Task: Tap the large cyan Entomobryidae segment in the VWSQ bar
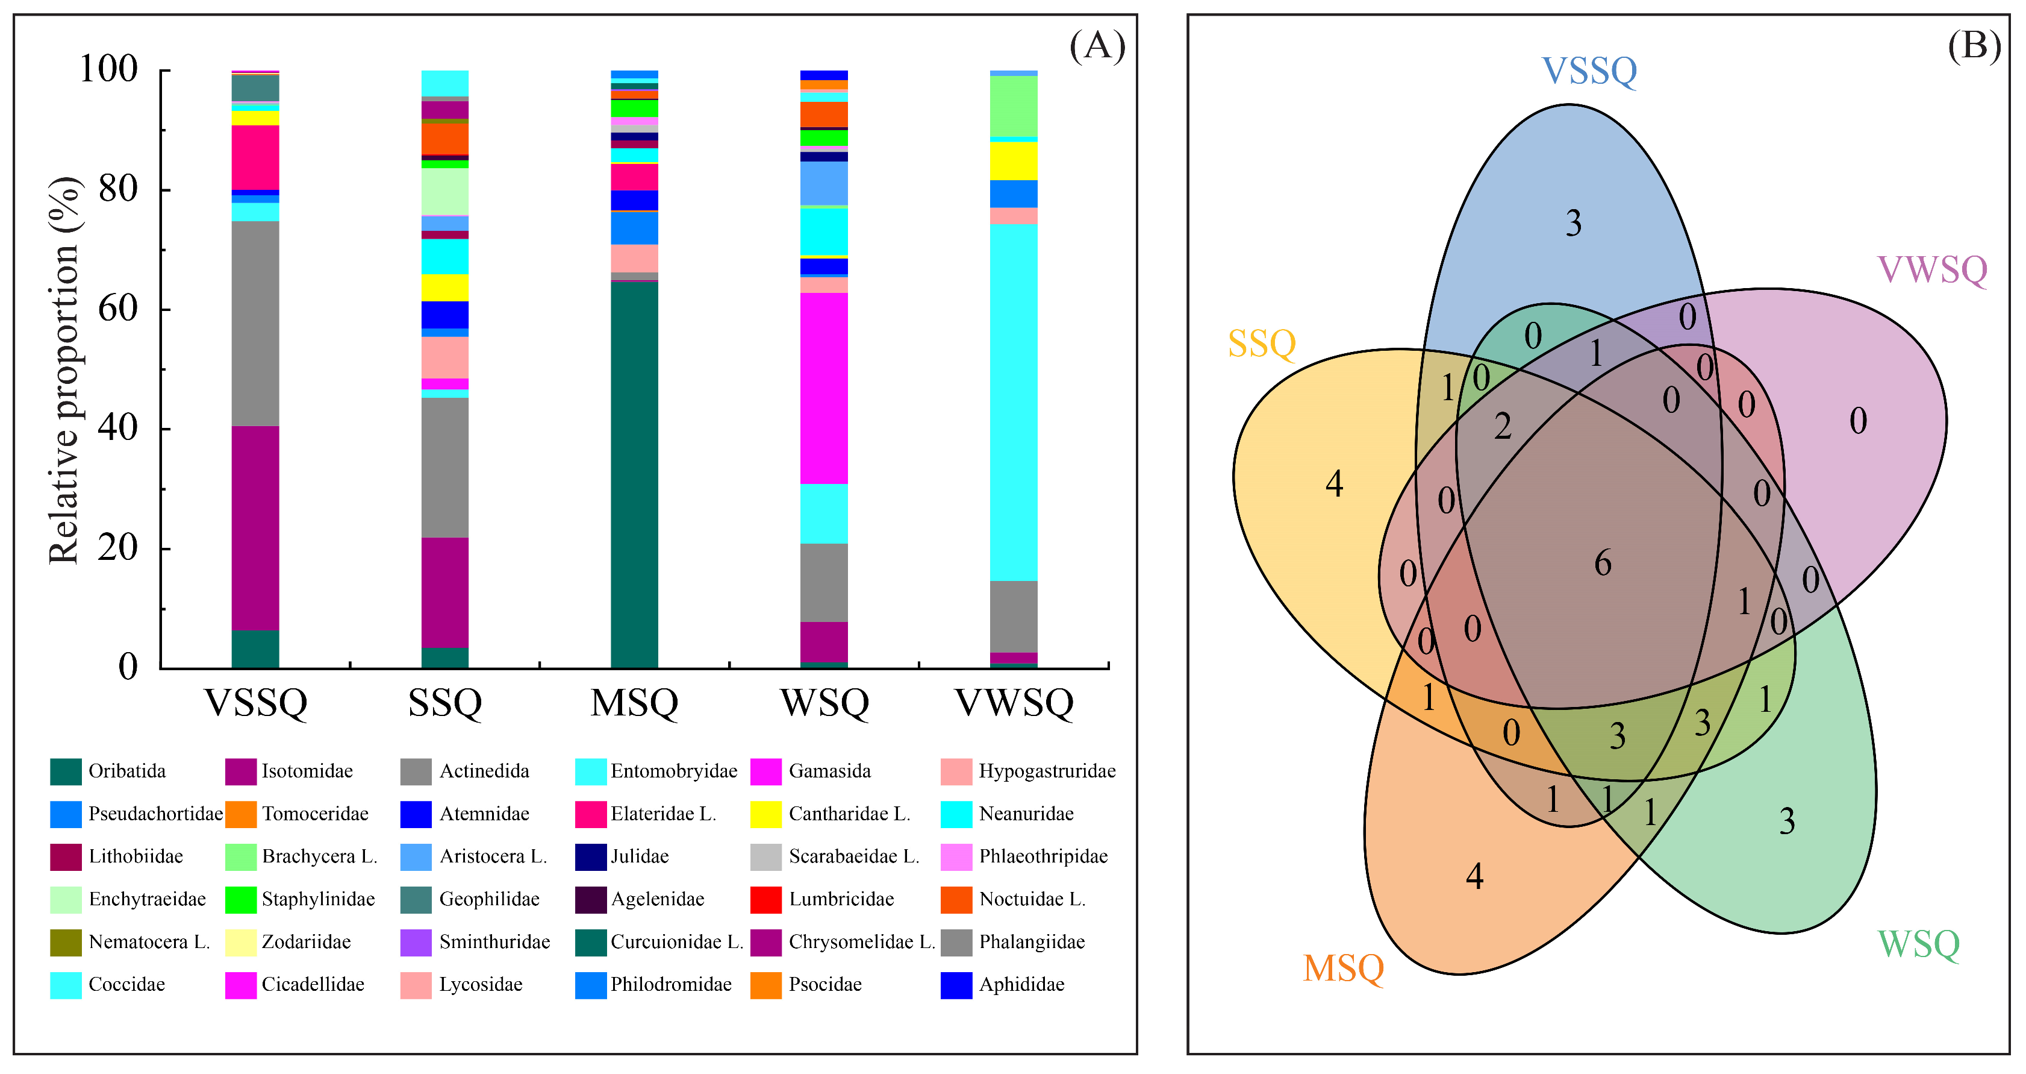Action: click(1013, 402)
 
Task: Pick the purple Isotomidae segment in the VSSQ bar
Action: click(255, 528)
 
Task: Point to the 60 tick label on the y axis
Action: click(118, 309)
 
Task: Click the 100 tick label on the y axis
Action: click(108, 69)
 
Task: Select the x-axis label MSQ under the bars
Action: click(634, 703)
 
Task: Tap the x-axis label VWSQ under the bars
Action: click(1014, 703)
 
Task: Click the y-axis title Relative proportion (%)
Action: click(64, 370)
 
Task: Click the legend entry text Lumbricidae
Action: click(841, 899)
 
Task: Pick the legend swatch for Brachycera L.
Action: click(241, 857)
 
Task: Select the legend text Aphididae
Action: click(1021, 985)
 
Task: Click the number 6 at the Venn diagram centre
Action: click(1603, 564)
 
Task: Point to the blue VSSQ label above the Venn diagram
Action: click(1589, 71)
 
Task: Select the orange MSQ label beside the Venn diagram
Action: click(1343, 969)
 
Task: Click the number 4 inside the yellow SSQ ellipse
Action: click(1334, 484)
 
